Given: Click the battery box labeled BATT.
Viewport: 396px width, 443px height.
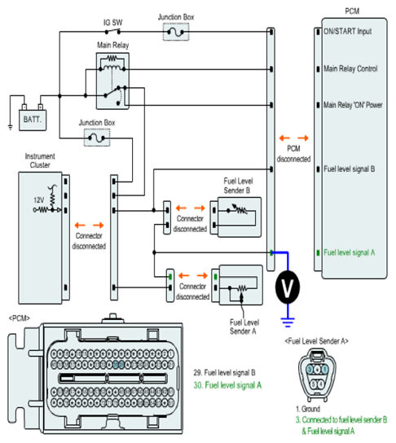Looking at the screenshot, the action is [x=33, y=120].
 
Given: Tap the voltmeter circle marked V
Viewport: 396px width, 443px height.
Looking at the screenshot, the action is [x=288, y=287].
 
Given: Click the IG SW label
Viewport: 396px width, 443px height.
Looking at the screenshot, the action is [x=112, y=23].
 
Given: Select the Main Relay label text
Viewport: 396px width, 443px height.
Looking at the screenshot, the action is [x=112, y=46].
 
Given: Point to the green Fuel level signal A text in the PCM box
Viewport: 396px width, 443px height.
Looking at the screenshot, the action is [x=349, y=252].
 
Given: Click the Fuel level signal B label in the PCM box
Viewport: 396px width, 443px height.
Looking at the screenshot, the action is [x=349, y=169].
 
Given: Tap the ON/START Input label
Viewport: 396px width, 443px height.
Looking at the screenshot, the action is [x=347, y=32].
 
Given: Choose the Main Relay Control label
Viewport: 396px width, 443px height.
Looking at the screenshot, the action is [x=350, y=68].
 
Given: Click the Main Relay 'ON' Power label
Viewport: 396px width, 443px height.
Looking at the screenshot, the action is [x=353, y=105].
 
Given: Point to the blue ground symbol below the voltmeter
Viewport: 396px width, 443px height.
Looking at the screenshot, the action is [x=288, y=322].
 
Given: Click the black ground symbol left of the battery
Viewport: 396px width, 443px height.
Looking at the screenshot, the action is [x=11, y=127].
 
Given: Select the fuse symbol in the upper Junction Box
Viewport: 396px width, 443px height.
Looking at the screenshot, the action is [x=175, y=33].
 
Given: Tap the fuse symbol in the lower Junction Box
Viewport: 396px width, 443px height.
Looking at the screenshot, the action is [x=97, y=138].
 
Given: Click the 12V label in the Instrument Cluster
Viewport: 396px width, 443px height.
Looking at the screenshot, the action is [x=39, y=200].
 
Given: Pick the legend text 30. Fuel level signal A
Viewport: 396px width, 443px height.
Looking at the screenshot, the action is [x=227, y=385].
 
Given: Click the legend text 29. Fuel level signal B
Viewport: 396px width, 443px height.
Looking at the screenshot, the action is [x=224, y=373].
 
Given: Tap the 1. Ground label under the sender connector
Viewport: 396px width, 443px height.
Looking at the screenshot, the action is [x=308, y=409].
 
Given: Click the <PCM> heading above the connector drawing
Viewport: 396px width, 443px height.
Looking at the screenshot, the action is [x=20, y=318].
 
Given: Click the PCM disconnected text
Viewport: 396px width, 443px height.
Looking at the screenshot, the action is [x=293, y=154].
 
